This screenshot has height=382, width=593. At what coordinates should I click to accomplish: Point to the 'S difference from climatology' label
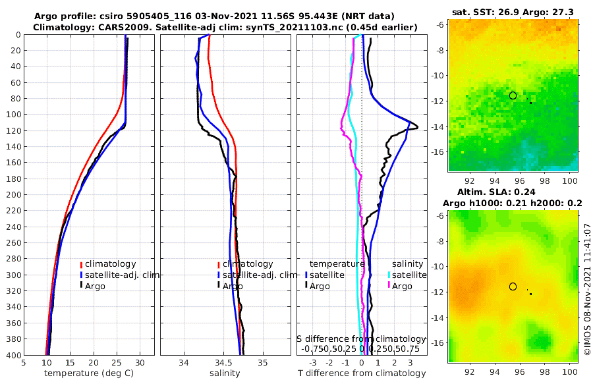pyautogui.click(x=361, y=339)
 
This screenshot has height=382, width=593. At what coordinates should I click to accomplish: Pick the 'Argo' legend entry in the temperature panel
pyautogui.click(x=95, y=286)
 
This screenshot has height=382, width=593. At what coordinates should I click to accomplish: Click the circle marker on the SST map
pyautogui.click(x=513, y=95)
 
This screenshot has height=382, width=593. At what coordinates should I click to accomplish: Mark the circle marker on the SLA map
pyautogui.click(x=513, y=286)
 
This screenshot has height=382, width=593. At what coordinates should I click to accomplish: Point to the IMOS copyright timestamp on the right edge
pyautogui.click(x=587, y=290)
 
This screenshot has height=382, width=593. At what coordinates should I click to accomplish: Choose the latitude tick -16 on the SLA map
pyautogui.click(x=438, y=342)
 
